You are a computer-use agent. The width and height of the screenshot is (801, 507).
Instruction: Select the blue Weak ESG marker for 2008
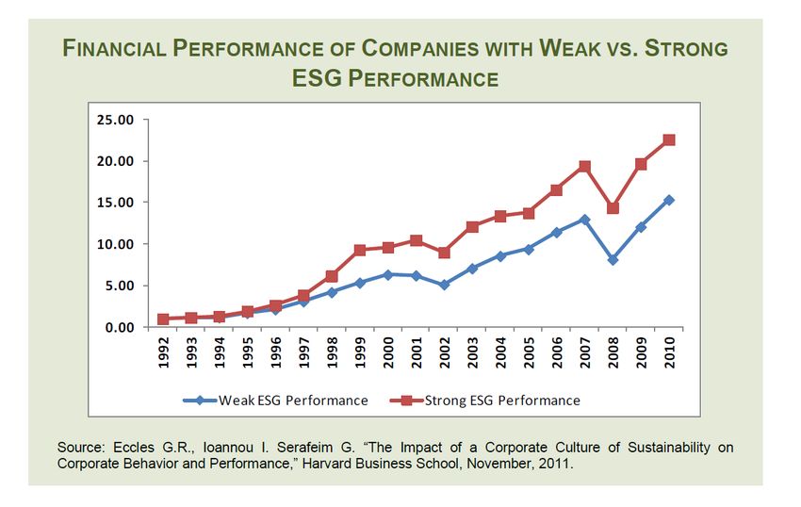[x=613, y=259]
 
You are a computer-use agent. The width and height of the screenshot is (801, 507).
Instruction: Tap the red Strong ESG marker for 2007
[x=584, y=167]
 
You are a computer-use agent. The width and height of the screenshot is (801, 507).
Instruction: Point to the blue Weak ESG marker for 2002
[x=445, y=284]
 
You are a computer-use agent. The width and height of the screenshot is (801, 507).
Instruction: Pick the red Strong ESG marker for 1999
[x=360, y=251]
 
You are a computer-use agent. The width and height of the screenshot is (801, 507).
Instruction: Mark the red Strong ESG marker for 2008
[x=613, y=208]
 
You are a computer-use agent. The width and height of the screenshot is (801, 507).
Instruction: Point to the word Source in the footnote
[x=79, y=447]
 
